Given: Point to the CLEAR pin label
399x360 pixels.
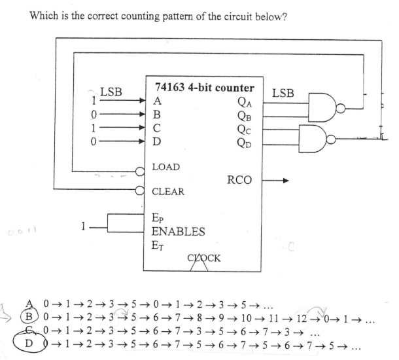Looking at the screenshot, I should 168,192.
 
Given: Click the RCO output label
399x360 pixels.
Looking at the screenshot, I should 239,180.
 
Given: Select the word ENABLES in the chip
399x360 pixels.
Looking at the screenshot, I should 178,232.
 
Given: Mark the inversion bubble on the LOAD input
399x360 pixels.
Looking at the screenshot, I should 139,171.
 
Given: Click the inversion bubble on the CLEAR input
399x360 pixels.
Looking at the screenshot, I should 139,192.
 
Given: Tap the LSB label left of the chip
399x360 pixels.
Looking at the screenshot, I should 111,92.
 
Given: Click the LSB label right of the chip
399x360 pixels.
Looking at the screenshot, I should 283,93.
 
